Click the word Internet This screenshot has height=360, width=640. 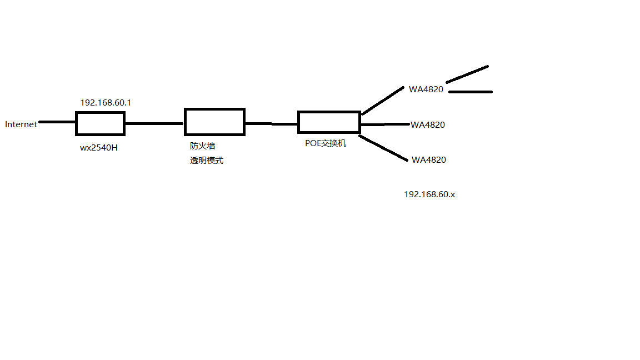(21, 124)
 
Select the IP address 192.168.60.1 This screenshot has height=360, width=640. (106, 103)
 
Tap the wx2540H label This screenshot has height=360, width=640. (99, 148)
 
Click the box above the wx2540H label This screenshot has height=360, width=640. (100, 123)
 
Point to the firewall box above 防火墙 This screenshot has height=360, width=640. (214, 122)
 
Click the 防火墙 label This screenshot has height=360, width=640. (202, 146)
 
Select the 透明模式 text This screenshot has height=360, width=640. (207, 161)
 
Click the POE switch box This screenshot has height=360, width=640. (329, 122)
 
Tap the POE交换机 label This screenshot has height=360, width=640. (326, 143)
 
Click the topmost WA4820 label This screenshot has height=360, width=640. (426, 89)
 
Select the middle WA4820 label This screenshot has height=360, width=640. (428, 125)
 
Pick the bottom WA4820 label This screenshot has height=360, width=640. (429, 160)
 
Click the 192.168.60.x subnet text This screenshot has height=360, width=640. (429, 194)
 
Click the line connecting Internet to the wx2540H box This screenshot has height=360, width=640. (57, 122)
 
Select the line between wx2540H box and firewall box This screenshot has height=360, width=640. (154, 123)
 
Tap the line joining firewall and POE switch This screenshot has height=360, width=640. (271, 124)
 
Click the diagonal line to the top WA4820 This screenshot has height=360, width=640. (383, 101)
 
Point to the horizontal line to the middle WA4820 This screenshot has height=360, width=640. (385, 124)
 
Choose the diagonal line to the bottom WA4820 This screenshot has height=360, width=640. (383, 148)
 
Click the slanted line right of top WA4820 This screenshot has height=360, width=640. (467, 74)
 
